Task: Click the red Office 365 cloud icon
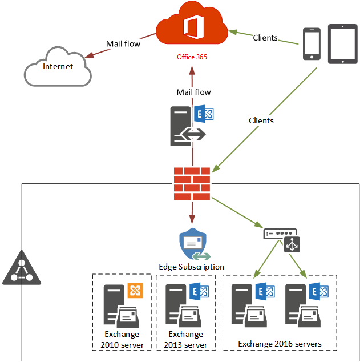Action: coord(192,24)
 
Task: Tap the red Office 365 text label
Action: coord(192,57)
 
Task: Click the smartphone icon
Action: coord(312,44)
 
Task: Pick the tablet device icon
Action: coord(343,44)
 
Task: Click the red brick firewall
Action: coord(192,183)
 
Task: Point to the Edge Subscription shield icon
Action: coord(194,244)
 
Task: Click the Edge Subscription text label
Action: coord(192,267)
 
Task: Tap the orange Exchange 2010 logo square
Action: coord(135,291)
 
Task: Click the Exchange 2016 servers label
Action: coord(280,344)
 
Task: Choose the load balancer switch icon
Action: coord(282,240)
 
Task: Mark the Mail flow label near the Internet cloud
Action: coord(123,43)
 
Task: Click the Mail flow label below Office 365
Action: coord(194,92)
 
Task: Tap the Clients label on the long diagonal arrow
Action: coord(261,120)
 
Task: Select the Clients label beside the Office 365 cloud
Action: coord(265,38)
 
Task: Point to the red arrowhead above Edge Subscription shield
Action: coord(192,219)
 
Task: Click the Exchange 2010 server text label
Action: coord(122,340)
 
